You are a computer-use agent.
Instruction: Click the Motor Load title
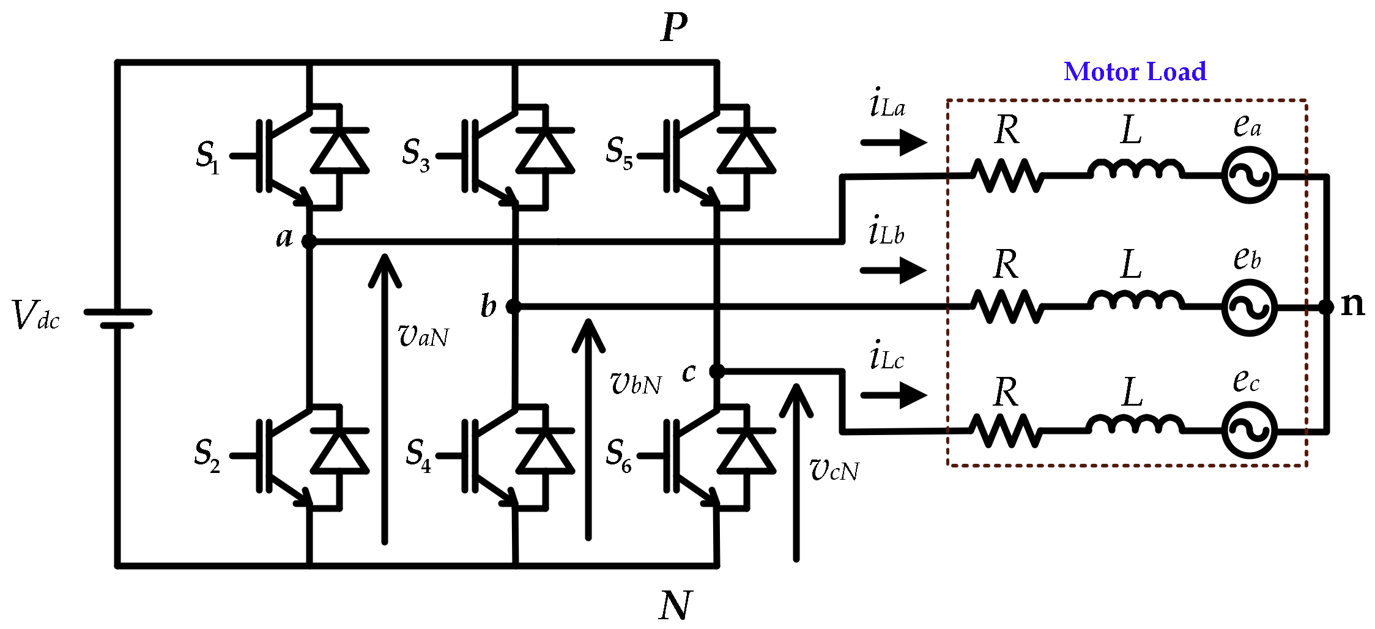click(x=1135, y=72)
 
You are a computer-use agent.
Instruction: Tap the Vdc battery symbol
click(x=117, y=318)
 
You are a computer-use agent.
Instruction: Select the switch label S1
click(x=207, y=157)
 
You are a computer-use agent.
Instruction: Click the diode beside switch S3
click(x=544, y=153)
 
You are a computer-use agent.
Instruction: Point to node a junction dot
click(x=309, y=242)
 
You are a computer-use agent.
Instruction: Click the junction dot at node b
click(x=514, y=307)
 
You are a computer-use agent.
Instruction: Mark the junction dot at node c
click(x=717, y=371)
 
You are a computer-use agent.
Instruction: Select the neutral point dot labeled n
click(x=1326, y=307)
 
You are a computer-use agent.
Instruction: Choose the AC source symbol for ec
click(x=1249, y=430)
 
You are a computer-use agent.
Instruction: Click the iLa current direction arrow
click(x=894, y=143)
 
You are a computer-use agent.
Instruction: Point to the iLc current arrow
click(x=894, y=395)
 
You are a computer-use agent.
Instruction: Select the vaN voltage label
click(x=423, y=336)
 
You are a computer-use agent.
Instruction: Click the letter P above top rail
click(x=674, y=28)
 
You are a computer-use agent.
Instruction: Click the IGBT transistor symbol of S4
click(x=489, y=456)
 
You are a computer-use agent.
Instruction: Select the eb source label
click(x=1247, y=258)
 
